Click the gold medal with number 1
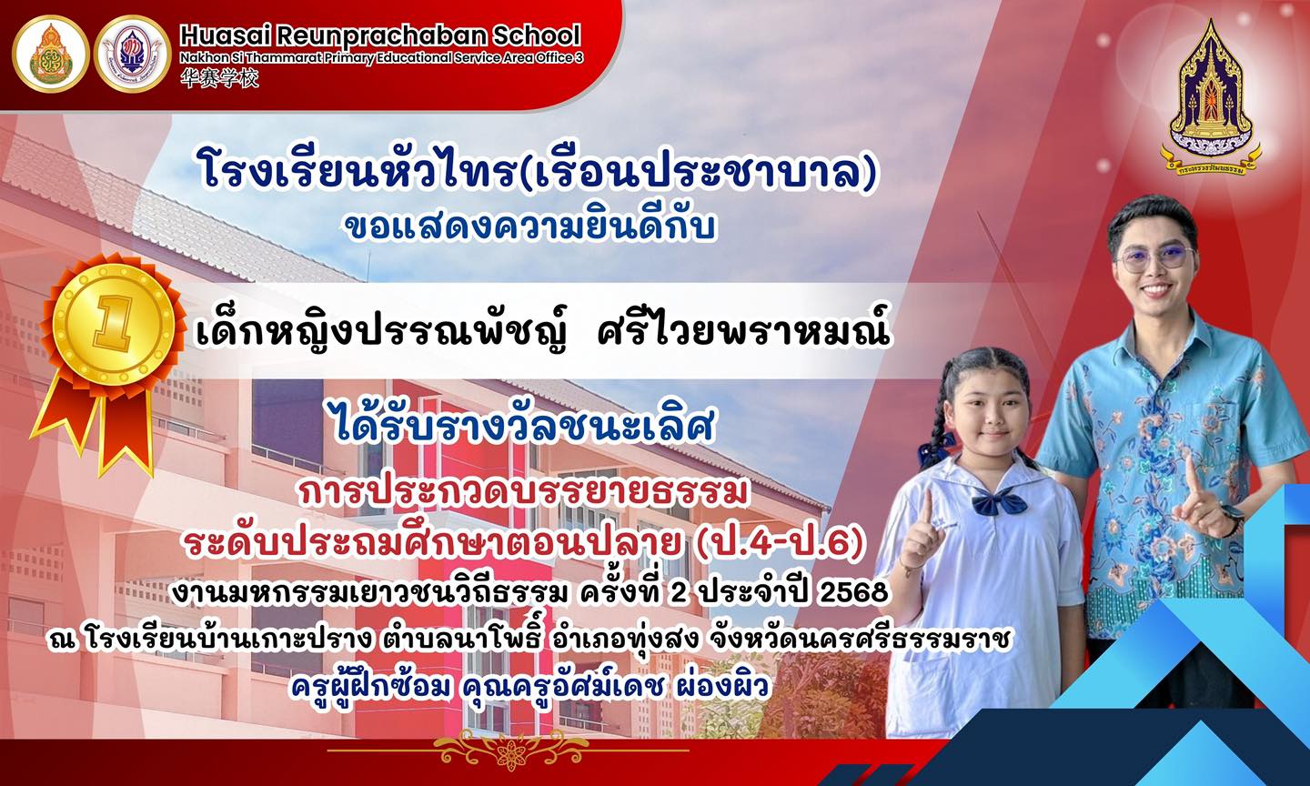115,323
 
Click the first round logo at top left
51,54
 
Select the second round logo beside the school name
133,54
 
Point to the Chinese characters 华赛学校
219,79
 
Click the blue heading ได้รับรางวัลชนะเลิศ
524,428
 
